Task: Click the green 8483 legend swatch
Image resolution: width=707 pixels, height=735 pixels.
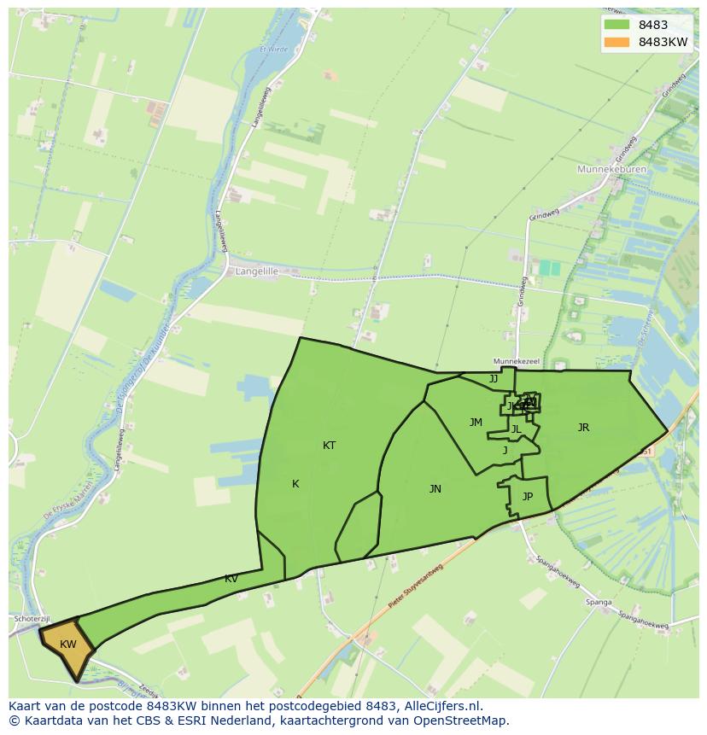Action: pyautogui.click(x=616, y=25)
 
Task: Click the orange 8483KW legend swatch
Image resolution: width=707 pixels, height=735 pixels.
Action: pyautogui.click(x=616, y=42)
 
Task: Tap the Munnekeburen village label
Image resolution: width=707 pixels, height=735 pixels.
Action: pyautogui.click(x=612, y=170)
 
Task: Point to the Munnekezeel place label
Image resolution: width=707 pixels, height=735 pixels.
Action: pyautogui.click(x=517, y=362)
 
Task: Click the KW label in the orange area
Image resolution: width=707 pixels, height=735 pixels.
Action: pyautogui.click(x=68, y=645)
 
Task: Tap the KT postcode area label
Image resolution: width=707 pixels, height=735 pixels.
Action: pyautogui.click(x=329, y=446)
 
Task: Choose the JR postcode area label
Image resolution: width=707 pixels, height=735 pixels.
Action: pyautogui.click(x=583, y=428)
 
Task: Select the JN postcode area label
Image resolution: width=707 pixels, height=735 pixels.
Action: pyautogui.click(x=435, y=489)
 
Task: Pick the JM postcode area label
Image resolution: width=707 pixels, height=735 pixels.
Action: pyautogui.click(x=476, y=423)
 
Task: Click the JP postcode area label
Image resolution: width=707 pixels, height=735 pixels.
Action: pyautogui.click(x=528, y=497)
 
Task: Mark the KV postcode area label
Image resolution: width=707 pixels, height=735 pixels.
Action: pyautogui.click(x=231, y=579)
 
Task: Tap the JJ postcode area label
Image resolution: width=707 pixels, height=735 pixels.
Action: pyautogui.click(x=494, y=379)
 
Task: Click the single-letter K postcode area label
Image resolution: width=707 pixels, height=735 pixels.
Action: pyautogui.click(x=295, y=484)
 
